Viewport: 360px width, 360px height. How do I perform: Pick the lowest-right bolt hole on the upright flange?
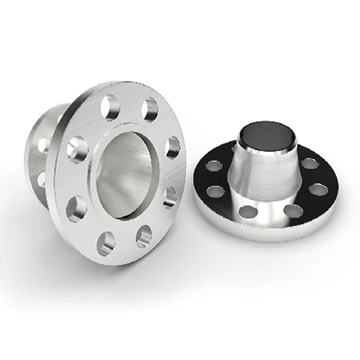point(144,236)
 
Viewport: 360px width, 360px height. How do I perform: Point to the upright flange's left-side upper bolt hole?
point(78,149)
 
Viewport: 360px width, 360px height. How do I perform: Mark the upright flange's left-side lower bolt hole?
point(76,208)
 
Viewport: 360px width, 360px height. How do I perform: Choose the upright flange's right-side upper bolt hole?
point(173,147)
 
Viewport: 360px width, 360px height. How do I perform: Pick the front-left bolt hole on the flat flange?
point(248,212)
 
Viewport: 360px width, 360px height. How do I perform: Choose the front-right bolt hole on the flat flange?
point(294,210)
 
